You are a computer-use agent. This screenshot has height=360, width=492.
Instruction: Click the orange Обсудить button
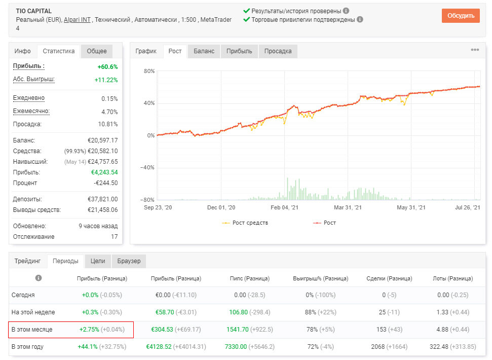(461, 16)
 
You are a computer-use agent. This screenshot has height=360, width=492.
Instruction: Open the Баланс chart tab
(204, 51)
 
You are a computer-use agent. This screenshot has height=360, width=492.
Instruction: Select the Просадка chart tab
(278, 51)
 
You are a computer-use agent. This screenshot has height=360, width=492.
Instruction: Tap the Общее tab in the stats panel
(97, 51)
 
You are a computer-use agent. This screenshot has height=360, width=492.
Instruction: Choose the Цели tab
(98, 261)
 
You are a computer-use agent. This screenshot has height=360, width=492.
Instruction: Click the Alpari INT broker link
(77, 20)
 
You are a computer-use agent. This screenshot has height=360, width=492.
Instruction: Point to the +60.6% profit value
(107, 67)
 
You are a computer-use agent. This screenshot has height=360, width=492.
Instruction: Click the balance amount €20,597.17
(102, 140)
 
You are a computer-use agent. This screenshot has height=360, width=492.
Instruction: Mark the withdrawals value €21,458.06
(102, 210)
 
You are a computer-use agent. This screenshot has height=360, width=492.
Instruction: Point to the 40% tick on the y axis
(149, 103)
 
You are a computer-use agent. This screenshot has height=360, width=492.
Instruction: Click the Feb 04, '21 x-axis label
(284, 207)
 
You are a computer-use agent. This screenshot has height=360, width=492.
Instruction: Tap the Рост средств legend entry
(245, 223)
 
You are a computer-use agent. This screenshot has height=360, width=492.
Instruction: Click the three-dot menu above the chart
(475, 50)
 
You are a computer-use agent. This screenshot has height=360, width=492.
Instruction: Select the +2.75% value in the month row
(89, 330)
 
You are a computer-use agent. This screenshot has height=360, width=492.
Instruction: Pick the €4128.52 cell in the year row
(159, 347)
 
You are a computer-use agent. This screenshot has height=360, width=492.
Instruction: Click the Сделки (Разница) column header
(389, 278)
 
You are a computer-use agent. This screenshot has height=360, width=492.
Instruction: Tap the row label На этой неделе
(33, 312)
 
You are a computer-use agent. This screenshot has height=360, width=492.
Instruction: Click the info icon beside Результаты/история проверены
(346, 11)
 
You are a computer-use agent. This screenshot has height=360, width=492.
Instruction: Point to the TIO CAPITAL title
(34, 11)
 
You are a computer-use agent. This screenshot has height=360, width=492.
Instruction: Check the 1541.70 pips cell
(238, 330)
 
